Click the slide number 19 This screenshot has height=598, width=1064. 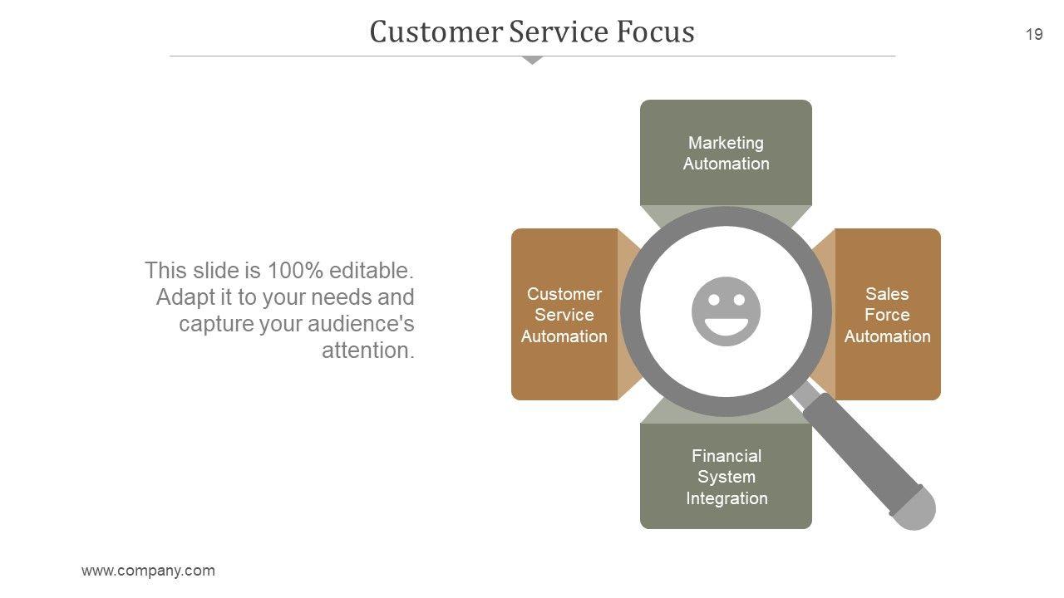pyautogui.click(x=1034, y=34)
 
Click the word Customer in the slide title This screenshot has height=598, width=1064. pyautogui.click(x=435, y=32)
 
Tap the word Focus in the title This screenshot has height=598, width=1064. pyautogui.click(x=656, y=32)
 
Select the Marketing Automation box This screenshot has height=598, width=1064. pyautogui.click(x=726, y=153)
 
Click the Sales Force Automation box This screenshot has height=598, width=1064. pyautogui.click(x=888, y=315)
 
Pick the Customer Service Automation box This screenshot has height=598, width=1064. pyautogui.click(x=564, y=315)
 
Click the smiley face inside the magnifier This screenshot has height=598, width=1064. pyautogui.click(x=726, y=311)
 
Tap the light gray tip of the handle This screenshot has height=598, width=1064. pyautogui.click(x=915, y=508)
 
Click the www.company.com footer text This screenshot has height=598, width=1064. pyautogui.click(x=148, y=571)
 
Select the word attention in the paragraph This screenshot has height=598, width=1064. pyautogui.click(x=367, y=350)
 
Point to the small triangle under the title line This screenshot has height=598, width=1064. pyautogui.click(x=532, y=60)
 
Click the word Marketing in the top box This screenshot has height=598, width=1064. pyautogui.click(x=726, y=143)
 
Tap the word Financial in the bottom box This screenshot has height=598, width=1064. pyautogui.click(x=726, y=456)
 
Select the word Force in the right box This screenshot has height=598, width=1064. pyautogui.click(x=887, y=315)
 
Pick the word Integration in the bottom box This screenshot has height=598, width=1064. pyautogui.click(x=727, y=498)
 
